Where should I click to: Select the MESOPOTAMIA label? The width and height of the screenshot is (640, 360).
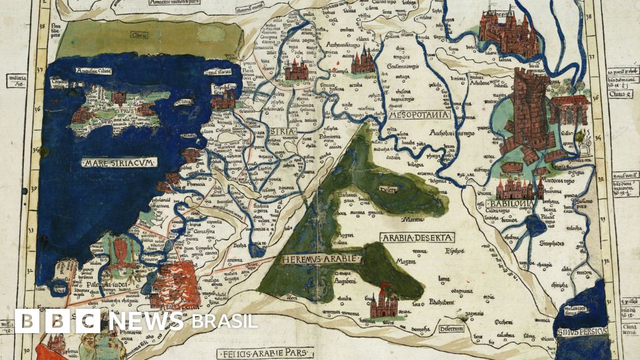pyautogui.click(x=419, y=115)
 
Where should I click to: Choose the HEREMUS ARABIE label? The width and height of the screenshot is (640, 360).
pyautogui.click(x=312, y=259)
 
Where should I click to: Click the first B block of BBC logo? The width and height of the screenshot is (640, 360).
pyautogui.click(x=26, y=321)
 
